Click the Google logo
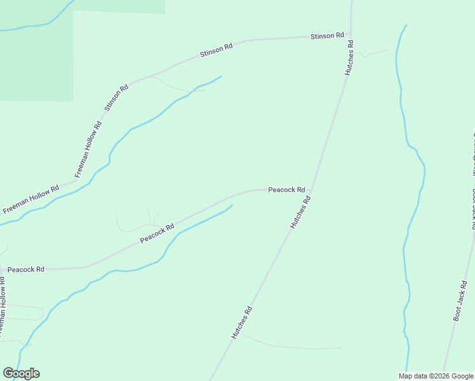tap(21, 373)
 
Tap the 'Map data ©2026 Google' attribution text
tap(436, 376)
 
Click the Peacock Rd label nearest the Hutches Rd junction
tap(286, 190)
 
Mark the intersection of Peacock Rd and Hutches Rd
tap(313, 188)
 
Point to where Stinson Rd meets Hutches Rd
tap(351, 35)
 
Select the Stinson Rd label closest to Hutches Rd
tap(327, 36)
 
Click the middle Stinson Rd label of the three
tap(217, 50)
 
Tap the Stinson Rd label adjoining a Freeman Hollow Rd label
tap(116, 97)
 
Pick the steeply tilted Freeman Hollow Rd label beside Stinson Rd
tap(88, 149)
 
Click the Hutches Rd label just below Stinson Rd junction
tap(349, 58)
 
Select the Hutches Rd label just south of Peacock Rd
tap(300, 212)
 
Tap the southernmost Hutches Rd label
tap(242, 323)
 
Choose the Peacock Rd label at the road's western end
tap(26, 269)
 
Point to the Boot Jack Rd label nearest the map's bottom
tap(460, 300)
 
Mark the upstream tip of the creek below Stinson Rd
tap(222, 77)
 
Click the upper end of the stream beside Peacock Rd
tap(232, 205)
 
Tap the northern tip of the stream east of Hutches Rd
tap(406, 25)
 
